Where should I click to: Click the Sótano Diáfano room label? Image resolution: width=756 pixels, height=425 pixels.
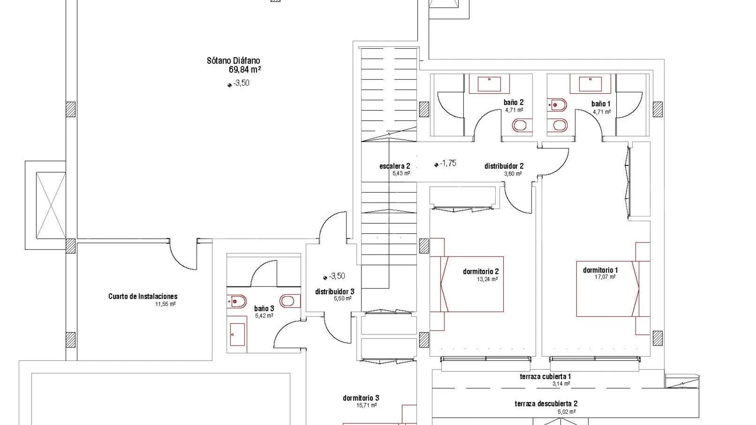(233, 61)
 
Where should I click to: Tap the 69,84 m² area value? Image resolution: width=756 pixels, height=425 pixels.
(245, 70)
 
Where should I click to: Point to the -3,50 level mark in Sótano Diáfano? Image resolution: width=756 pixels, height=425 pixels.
(239, 83)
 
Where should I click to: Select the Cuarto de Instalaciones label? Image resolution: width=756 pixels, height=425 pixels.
(143, 296)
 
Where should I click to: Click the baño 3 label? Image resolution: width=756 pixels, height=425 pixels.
(264, 309)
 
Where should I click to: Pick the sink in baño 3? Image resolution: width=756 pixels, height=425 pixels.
(237, 334)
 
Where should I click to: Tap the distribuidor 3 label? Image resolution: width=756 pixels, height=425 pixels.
(335, 292)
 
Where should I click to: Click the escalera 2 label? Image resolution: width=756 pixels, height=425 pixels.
(395, 166)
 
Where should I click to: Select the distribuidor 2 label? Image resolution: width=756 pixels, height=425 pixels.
(504, 166)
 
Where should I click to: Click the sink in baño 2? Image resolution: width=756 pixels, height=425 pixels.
(489, 84)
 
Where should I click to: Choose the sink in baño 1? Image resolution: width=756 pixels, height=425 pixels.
(590, 84)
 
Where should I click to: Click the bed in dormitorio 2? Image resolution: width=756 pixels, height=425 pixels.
(467, 284)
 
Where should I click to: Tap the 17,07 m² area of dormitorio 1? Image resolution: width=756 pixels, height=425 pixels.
(605, 277)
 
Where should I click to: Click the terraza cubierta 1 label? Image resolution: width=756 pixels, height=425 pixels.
(545, 377)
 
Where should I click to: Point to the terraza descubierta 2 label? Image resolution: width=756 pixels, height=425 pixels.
(546, 404)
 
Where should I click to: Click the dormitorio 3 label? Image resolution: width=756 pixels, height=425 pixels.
(361, 398)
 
